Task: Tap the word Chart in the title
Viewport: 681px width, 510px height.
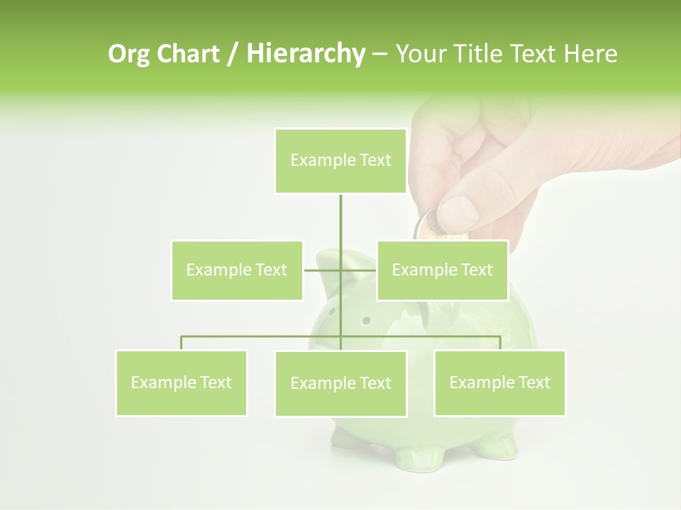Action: pos(187,54)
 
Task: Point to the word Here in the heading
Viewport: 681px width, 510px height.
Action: pos(591,54)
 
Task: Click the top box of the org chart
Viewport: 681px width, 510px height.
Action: pos(340,161)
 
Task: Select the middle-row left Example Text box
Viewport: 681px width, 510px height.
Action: pos(236,270)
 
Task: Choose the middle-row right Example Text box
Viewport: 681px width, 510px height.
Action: pos(442,270)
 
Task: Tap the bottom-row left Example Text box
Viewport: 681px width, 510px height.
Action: pos(181,382)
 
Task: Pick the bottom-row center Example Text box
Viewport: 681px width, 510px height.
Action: pos(340,383)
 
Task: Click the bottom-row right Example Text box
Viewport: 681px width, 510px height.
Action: pos(499,382)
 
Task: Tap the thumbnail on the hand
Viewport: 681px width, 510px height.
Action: pos(458,211)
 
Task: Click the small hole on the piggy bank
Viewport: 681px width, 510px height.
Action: pos(366,320)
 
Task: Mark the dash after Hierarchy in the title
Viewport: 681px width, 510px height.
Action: pos(380,54)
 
